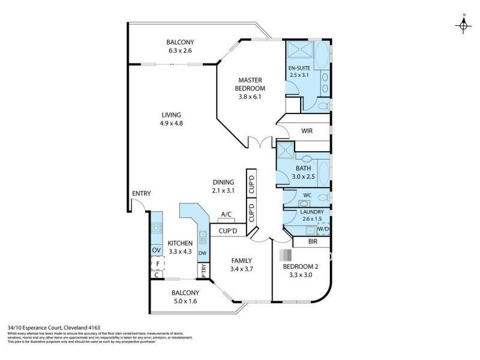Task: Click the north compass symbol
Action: click(464, 25)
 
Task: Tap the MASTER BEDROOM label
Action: click(251, 84)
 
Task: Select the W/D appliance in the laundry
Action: click(323, 229)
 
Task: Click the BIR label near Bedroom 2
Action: click(312, 241)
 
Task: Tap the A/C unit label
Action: click(226, 214)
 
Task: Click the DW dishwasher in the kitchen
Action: click(202, 253)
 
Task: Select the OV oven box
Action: click(156, 250)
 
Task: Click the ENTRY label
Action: click(142, 193)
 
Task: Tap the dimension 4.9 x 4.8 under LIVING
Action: click(171, 124)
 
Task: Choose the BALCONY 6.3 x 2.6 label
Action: click(180, 46)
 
